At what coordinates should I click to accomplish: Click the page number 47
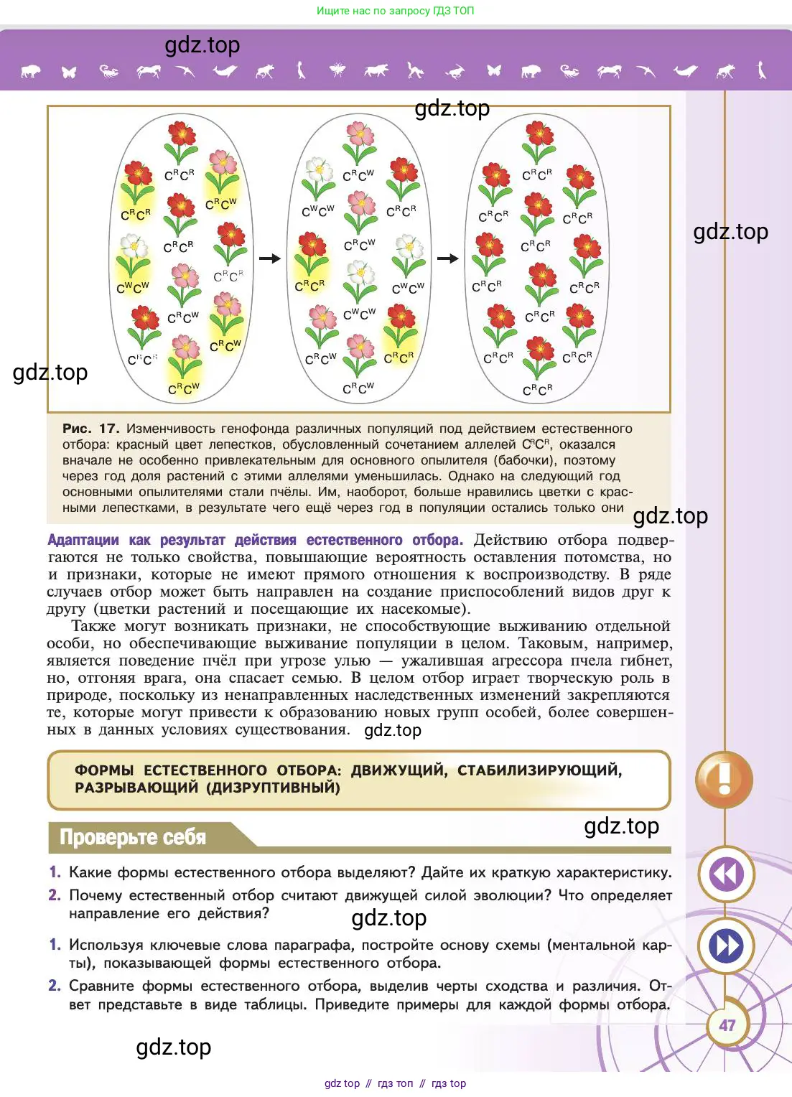pos(727,1025)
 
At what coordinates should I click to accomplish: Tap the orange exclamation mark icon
pos(724,780)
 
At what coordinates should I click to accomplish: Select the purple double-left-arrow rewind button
pos(726,874)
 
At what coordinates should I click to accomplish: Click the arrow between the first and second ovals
pos(269,258)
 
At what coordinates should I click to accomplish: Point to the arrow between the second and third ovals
pos(447,258)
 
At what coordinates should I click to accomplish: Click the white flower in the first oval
pos(134,248)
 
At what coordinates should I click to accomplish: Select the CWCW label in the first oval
pos(133,288)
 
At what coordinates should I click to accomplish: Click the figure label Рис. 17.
pos(90,429)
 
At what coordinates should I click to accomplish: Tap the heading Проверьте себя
pos(133,837)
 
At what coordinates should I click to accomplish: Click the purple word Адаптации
pos(83,540)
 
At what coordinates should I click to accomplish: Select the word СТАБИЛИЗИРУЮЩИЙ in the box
pos(539,770)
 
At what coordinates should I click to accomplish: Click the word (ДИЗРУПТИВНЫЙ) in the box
pos(273,788)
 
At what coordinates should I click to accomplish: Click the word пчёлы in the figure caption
pos(294,492)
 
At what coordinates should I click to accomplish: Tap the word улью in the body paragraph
pos(351,660)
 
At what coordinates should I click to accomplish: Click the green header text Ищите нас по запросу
pos(366,11)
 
